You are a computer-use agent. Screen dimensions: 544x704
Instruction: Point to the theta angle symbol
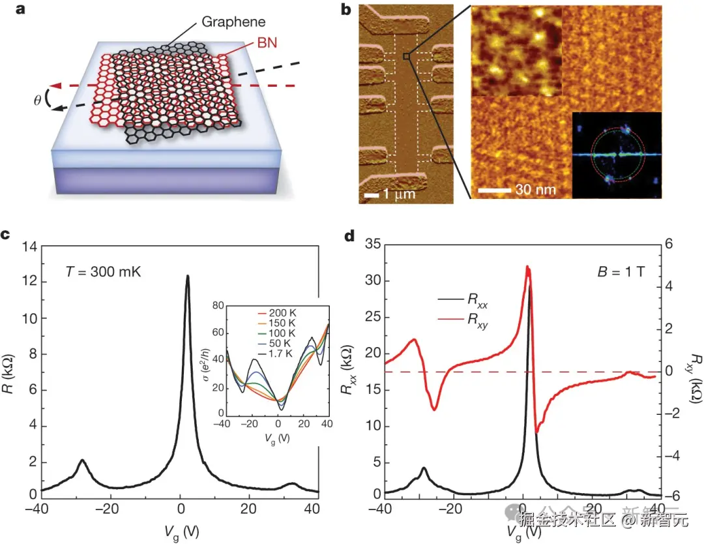37,102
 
